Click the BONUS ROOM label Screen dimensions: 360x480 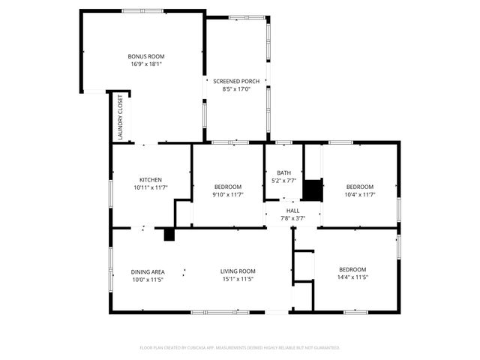pos(146,56)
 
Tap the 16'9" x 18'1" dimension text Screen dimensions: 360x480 pos(146,64)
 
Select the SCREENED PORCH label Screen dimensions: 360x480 pos(236,81)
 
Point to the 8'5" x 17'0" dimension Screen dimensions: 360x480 pos(236,89)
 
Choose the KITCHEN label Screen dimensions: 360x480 pos(151,179)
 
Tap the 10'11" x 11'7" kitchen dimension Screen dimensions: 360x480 pos(151,187)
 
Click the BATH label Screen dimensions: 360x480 pos(283,172)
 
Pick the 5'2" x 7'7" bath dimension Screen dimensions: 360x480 pos(283,181)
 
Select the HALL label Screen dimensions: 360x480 pos(292,211)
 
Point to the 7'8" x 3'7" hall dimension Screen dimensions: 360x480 pos(292,219)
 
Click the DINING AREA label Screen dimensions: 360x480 pos(148,271)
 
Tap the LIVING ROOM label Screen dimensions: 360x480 pos(238,271)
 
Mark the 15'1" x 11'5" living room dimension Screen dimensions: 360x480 pos(238,280)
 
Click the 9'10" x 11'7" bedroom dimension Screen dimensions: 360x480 pos(228,195)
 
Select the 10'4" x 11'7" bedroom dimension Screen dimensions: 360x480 pos(360,195)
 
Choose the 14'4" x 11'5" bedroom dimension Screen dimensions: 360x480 pos(352,277)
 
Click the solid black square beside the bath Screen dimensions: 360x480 pos(312,190)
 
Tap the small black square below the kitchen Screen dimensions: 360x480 pos(169,235)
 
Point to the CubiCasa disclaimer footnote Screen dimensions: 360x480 pos(240,348)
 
